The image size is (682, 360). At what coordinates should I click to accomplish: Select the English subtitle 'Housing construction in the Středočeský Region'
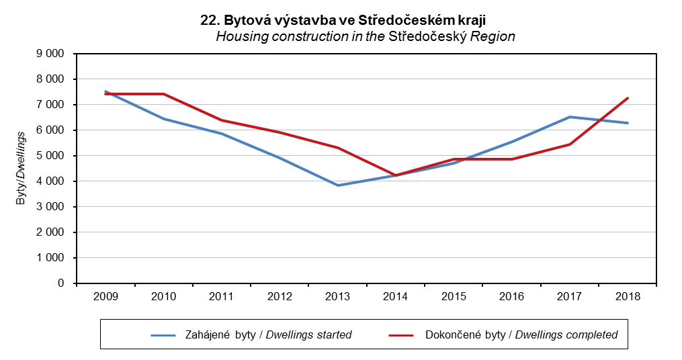(x=365, y=36)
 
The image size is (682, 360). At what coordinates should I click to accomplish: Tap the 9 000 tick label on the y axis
(x=50, y=54)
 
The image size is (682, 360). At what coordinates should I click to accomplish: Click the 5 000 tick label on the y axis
(x=50, y=156)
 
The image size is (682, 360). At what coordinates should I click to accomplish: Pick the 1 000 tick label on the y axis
(x=50, y=258)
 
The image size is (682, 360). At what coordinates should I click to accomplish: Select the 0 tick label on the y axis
(x=60, y=283)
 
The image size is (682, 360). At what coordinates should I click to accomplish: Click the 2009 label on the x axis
(x=105, y=296)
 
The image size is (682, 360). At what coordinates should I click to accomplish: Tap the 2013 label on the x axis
(x=338, y=296)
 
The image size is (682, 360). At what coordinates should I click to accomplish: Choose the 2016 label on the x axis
(x=512, y=296)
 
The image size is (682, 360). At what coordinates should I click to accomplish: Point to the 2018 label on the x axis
(x=628, y=296)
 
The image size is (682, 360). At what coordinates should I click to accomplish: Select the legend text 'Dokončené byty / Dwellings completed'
(x=521, y=334)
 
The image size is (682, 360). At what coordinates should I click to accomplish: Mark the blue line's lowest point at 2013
(x=338, y=185)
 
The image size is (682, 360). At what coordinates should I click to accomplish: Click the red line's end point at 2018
(x=628, y=98)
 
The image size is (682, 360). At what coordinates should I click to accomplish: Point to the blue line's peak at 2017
(x=570, y=117)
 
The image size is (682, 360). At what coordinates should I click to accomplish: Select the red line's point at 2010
(x=164, y=94)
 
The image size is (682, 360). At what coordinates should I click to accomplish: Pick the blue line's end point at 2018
(x=628, y=123)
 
